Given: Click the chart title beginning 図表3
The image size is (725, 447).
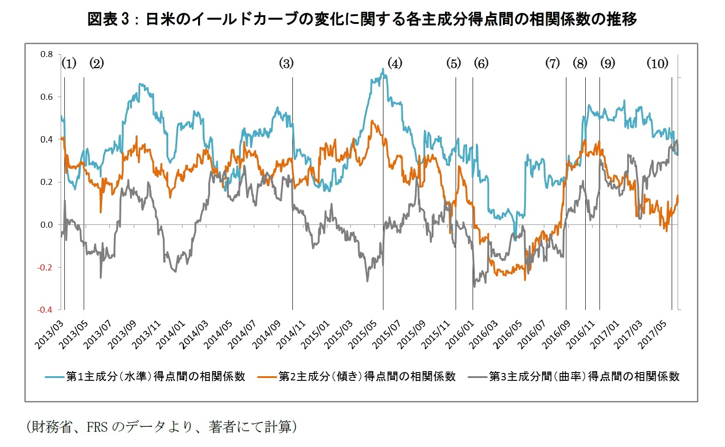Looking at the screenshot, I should pyautogui.click(x=362, y=19).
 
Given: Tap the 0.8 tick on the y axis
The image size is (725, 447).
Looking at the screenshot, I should pyautogui.click(x=46, y=54).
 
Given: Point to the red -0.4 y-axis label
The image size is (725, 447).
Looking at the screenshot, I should pyautogui.click(x=45, y=310).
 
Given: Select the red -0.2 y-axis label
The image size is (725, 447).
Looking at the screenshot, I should pyautogui.click(x=45, y=267).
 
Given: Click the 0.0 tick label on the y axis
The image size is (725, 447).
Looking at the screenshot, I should pyautogui.click(x=46, y=225).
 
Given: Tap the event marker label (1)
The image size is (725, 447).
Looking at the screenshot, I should pyautogui.click(x=69, y=63).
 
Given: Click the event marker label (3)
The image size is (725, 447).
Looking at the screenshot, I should pyautogui.click(x=286, y=63).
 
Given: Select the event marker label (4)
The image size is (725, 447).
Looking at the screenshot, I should pyautogui.click(x=394, y=63).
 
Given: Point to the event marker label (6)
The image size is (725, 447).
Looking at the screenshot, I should pyautogui.click(x=481, y=63).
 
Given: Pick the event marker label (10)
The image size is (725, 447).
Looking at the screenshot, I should pyautogui.click(x=657, y=63).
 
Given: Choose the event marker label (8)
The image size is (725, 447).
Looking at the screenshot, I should pyautogui.click(x=580, y=63).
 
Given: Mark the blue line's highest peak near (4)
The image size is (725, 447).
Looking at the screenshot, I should pyautogui.click(x=382, y=69).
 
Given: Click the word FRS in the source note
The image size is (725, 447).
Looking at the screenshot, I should pyautogui.click(x=97, y=427).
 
